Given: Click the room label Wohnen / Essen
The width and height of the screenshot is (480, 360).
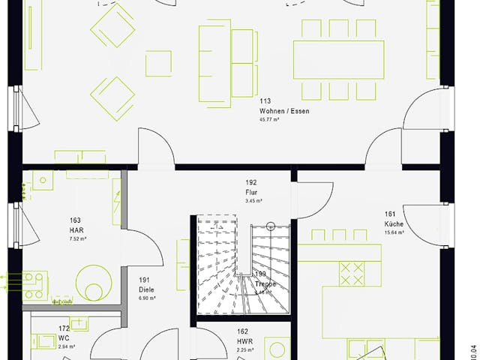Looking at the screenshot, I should tap(284, 111).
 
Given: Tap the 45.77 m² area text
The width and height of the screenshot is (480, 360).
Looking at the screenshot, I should tap(269, 120).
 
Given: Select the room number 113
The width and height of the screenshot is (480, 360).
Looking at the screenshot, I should tap(265, 101).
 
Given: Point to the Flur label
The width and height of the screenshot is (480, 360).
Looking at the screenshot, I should tap(251, 192).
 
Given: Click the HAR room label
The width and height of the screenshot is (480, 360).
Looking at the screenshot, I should tap(76, 229).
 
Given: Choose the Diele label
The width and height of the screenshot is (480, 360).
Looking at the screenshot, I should tap(146, 289).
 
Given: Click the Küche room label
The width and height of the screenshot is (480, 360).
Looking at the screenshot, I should tap(394, 223).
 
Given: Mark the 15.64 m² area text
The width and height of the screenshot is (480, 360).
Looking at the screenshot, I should tap(394, 232).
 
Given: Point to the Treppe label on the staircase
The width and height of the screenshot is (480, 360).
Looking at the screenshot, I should tap(265, 284).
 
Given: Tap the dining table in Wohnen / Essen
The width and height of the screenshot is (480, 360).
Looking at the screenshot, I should tap(334, 58).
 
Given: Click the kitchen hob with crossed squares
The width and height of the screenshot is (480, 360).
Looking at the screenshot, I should tap(351, 274).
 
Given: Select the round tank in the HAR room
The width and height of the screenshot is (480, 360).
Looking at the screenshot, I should tap(91, 282).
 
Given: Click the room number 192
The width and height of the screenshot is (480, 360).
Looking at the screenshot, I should tap(252, 182).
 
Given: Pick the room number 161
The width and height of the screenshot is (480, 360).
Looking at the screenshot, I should tap(390, 214).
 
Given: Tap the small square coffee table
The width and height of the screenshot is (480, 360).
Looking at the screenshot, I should tap(158, 63).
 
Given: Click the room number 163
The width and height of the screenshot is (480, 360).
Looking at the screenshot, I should tap(75, 220).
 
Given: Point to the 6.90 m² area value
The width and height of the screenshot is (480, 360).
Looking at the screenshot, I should tap(147, 298).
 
